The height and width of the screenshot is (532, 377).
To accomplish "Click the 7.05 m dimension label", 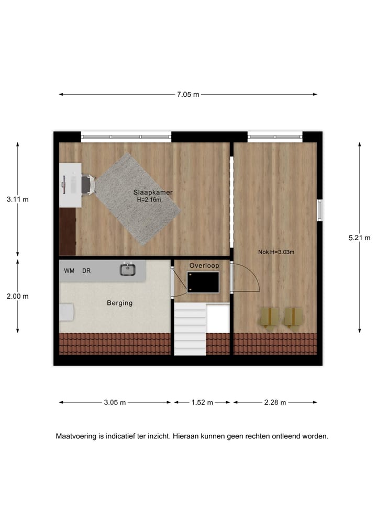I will point(188,95).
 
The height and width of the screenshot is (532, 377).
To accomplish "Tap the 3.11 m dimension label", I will point(17,199).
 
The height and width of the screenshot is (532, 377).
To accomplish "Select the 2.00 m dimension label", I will point(17,296).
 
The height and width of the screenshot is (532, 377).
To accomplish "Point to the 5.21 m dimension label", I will point(359,237).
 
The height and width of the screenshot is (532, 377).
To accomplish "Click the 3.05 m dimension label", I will point(115,402).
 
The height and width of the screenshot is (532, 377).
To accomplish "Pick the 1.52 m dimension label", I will point(202,402).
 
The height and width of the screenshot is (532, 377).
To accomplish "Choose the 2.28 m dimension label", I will point(275,402).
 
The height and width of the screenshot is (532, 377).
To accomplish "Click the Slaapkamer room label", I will point(153,193).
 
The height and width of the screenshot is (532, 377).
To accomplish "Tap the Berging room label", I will point(120,303).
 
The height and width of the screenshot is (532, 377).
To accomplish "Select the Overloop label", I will point(204,266).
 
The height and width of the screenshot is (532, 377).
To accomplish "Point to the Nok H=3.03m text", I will point(276,252).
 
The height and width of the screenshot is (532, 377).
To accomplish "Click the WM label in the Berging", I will point(69,271).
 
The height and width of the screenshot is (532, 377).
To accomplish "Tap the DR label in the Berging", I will point(86,271).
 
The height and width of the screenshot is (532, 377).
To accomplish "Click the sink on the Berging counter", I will point(127,269).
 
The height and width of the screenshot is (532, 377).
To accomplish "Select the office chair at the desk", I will point(88,185).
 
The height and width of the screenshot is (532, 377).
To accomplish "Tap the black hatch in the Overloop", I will point(203,282).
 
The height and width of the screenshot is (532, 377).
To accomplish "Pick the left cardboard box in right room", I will point(270,316).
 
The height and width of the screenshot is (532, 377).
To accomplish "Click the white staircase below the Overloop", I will point(190,330).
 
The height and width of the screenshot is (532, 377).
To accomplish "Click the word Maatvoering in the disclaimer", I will point(76,436).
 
